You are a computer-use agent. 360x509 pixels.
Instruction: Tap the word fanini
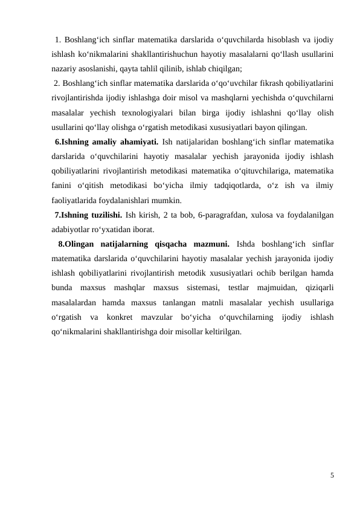pos(64,186)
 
